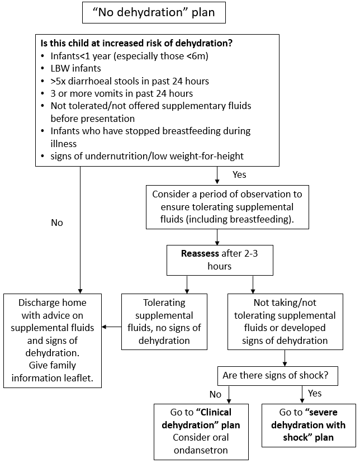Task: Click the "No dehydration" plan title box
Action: click(154, 12)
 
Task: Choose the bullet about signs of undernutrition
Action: click(147, 155)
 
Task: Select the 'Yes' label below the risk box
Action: click(239, 174)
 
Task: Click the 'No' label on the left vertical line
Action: click(57, 223)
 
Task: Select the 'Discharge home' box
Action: click(53, 340)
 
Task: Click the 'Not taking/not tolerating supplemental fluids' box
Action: click(285, 321)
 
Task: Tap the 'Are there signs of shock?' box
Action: click(277, 376)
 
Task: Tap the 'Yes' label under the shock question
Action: click(315, 393)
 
